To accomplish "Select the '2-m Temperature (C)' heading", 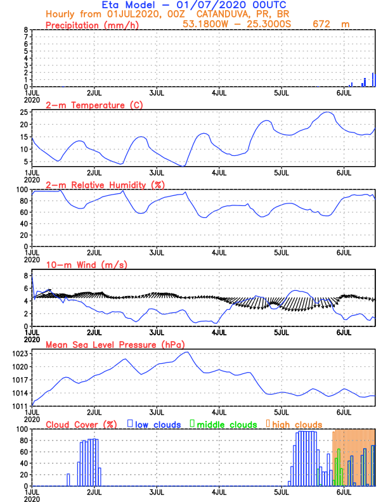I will click(x=87, y=105).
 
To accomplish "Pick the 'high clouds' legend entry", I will click(x=297, y=424).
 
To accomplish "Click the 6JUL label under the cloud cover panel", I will click(x=344, y=491).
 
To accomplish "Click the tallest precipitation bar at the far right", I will click(x=373, y=80).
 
